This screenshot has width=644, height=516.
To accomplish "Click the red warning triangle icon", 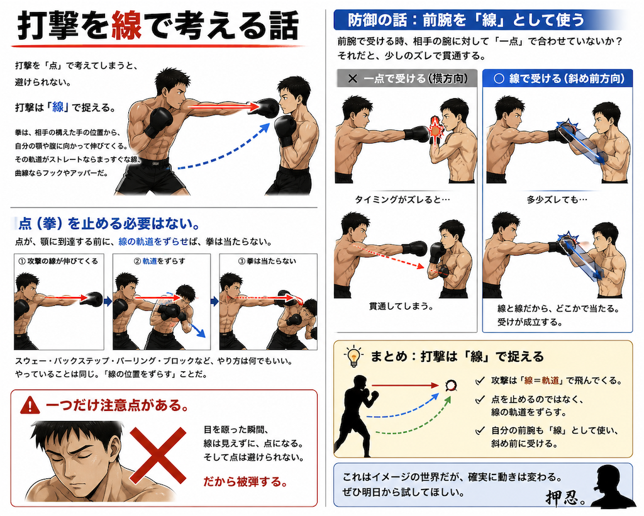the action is click(30, 405).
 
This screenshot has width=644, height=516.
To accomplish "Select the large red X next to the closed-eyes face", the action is click(158, 455).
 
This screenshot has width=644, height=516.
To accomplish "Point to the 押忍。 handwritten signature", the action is click(565, 496).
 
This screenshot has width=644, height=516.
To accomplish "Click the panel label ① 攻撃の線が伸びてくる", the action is click(58, 261).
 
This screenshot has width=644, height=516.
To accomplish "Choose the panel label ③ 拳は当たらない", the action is click(267, 261).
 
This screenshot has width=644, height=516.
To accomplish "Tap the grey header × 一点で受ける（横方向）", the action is click(407, 78).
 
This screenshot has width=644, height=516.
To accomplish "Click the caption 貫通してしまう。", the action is click(401, 306).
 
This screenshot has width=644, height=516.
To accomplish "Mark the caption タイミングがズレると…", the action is click(402, 199).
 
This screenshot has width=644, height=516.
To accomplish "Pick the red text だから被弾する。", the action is click(245, 481).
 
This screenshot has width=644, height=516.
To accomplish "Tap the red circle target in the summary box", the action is click(451, 385).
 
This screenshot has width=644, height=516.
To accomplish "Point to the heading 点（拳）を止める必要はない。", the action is click(109, 223).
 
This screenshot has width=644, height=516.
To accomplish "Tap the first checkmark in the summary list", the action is click(479, 381).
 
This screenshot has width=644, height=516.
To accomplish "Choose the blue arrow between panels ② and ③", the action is click(214, 301).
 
